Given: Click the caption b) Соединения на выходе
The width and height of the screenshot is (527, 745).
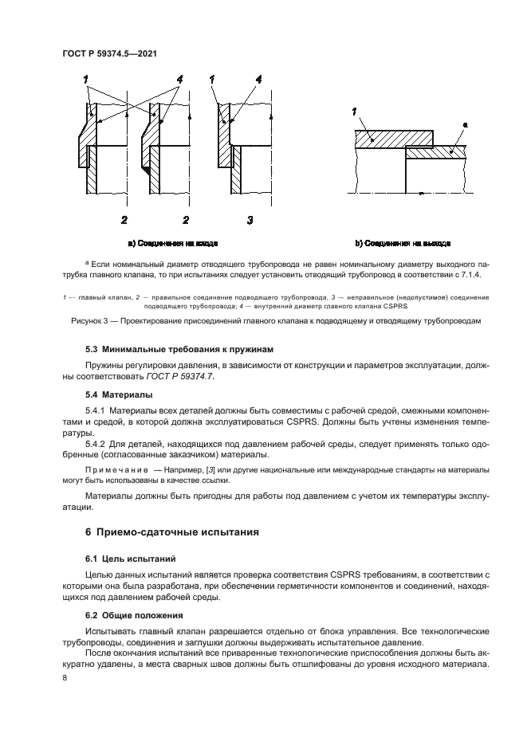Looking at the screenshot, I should pos(403,242).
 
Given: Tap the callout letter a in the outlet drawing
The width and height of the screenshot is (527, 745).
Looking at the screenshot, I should pos(466,125).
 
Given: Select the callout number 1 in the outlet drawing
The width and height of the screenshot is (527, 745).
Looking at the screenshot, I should pos(355,113).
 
